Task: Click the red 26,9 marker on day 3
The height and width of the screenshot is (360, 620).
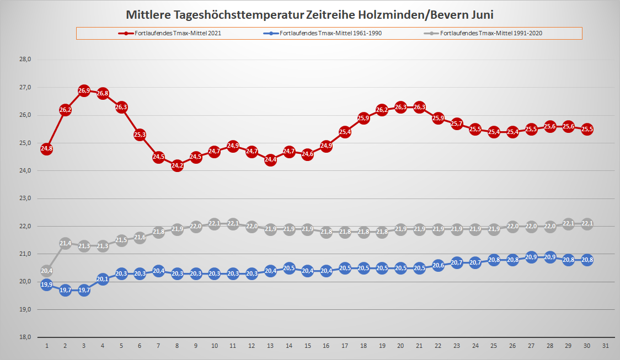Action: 84,90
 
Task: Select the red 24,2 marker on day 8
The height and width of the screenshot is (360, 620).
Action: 177,165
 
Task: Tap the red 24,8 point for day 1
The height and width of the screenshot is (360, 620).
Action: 47,149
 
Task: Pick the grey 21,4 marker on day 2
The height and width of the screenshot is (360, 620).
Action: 65,243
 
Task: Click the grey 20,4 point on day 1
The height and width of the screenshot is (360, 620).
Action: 47,271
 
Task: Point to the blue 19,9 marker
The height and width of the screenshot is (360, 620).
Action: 47,284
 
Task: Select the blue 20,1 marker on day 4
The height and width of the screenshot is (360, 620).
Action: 103,279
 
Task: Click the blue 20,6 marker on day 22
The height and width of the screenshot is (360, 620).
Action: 439,265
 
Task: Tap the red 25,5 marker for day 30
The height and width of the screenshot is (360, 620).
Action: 587,129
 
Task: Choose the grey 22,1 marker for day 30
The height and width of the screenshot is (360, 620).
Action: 587,223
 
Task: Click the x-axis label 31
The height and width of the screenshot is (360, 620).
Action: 606,346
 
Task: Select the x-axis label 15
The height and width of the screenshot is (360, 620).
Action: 308,346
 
